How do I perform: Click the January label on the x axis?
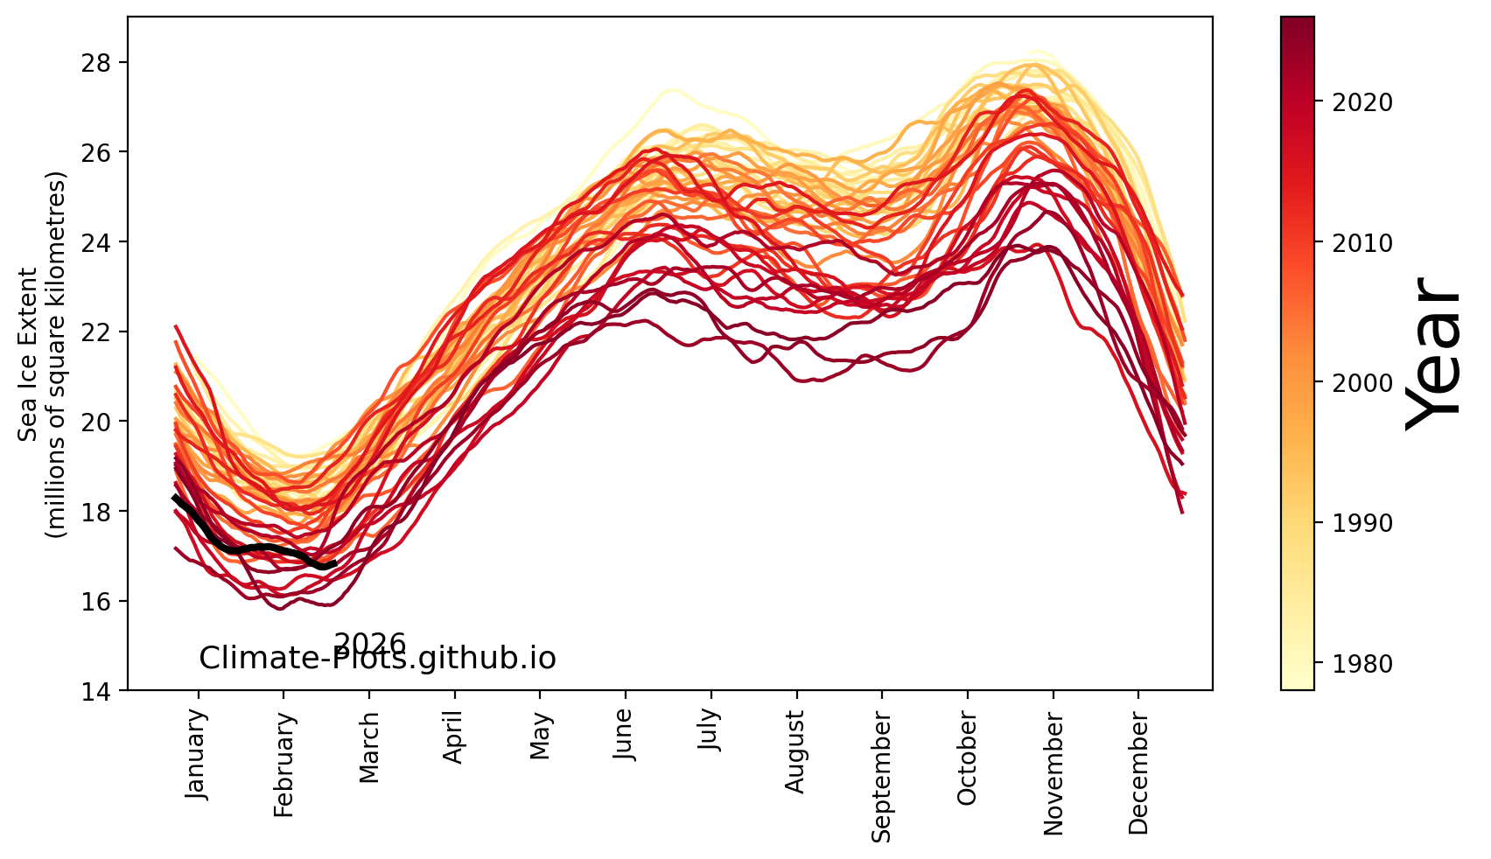tap(197, 754)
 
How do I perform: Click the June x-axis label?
tap(624, 734)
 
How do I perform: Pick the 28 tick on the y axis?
tap(105, 62)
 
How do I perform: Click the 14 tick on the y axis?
tap(105, 691)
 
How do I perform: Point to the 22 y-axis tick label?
tap(105, 332)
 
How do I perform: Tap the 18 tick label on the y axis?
tap(105, 511)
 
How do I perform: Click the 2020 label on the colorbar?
tap(1361, 103)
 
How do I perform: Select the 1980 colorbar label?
tap(1361, 664)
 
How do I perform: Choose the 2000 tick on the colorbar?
tap(1361, 383)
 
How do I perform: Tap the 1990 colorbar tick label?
tap(1361, 523)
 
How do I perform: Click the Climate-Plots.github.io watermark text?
tap(377, 659)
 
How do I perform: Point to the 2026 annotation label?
tap(370, 645)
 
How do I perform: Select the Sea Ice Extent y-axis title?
tap(42, 353)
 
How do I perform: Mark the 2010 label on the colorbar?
tap(1361, 243)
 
